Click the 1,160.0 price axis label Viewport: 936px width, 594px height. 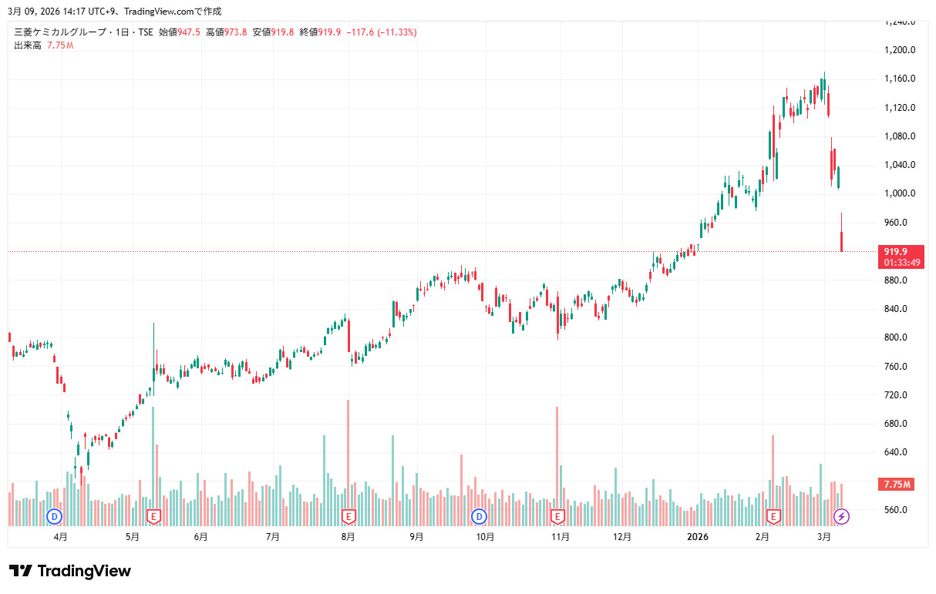[x=900, y=79]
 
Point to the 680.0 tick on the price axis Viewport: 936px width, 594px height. [x=899, y=424]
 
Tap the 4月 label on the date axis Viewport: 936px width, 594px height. [x=60, y=536]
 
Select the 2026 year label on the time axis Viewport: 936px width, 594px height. [x=698, y=536]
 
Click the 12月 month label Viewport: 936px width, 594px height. [x=622, y=536]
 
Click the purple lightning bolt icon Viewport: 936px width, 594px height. [x=842, y=515]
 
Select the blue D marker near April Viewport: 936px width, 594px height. [x=55, y=515]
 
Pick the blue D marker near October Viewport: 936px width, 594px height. [x=480, y=515]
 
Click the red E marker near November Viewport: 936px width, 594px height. [x=557, y=515]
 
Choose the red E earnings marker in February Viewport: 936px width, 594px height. [x=773, y=515]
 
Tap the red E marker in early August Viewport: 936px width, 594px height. [x=348, y=515]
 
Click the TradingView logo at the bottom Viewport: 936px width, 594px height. [x=70, y=571]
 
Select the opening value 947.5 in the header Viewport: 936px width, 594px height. [x=189, y=32]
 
